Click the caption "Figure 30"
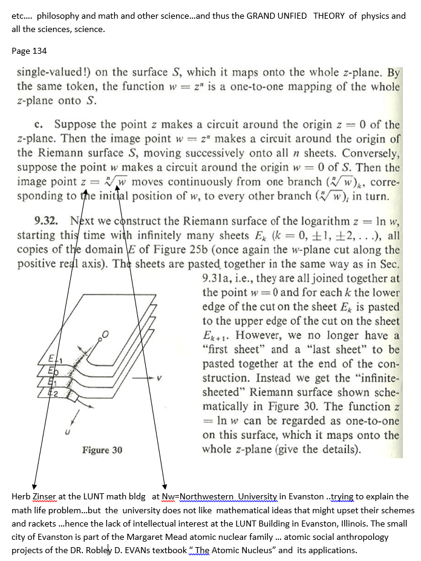[102, 450]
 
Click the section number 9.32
[47, 221]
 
